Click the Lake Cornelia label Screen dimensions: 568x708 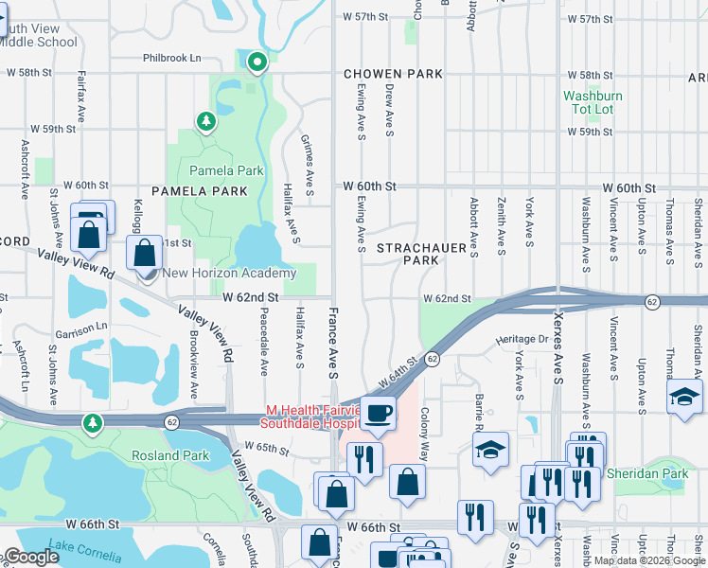coord(87,546)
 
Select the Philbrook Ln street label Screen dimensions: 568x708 coord(172,58)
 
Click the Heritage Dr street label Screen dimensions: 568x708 coord(522,339)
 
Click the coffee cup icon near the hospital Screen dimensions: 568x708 coord(379,414)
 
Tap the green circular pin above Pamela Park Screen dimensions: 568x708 coord(257,63)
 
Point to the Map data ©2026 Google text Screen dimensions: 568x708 coord(648,560)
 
